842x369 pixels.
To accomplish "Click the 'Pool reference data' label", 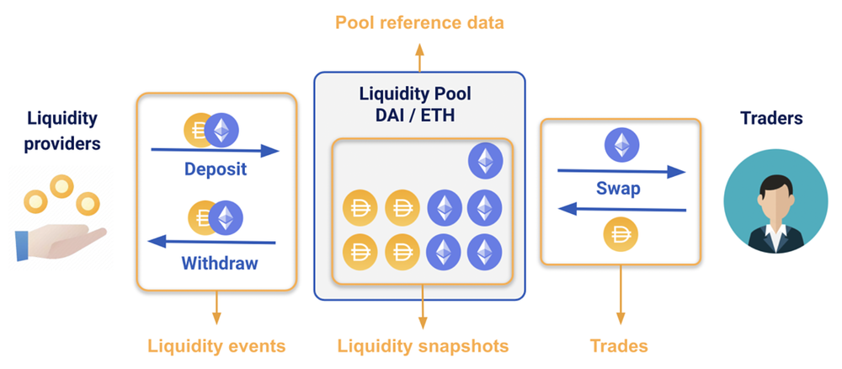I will [419, 22].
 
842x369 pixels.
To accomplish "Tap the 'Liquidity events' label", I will [216, 345].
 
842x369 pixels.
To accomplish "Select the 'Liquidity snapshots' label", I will [423, 345].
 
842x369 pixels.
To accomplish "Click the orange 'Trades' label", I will [619, 345].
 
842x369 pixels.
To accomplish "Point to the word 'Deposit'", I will [215, 169].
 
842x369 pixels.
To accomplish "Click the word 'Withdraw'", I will [219, 263].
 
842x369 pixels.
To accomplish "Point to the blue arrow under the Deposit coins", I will [215, 151].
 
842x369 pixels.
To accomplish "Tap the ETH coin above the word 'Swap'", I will [621, 145].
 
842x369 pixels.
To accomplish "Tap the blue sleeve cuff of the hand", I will [24, 245].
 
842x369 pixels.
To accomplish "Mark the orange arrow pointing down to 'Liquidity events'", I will [216, 307].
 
